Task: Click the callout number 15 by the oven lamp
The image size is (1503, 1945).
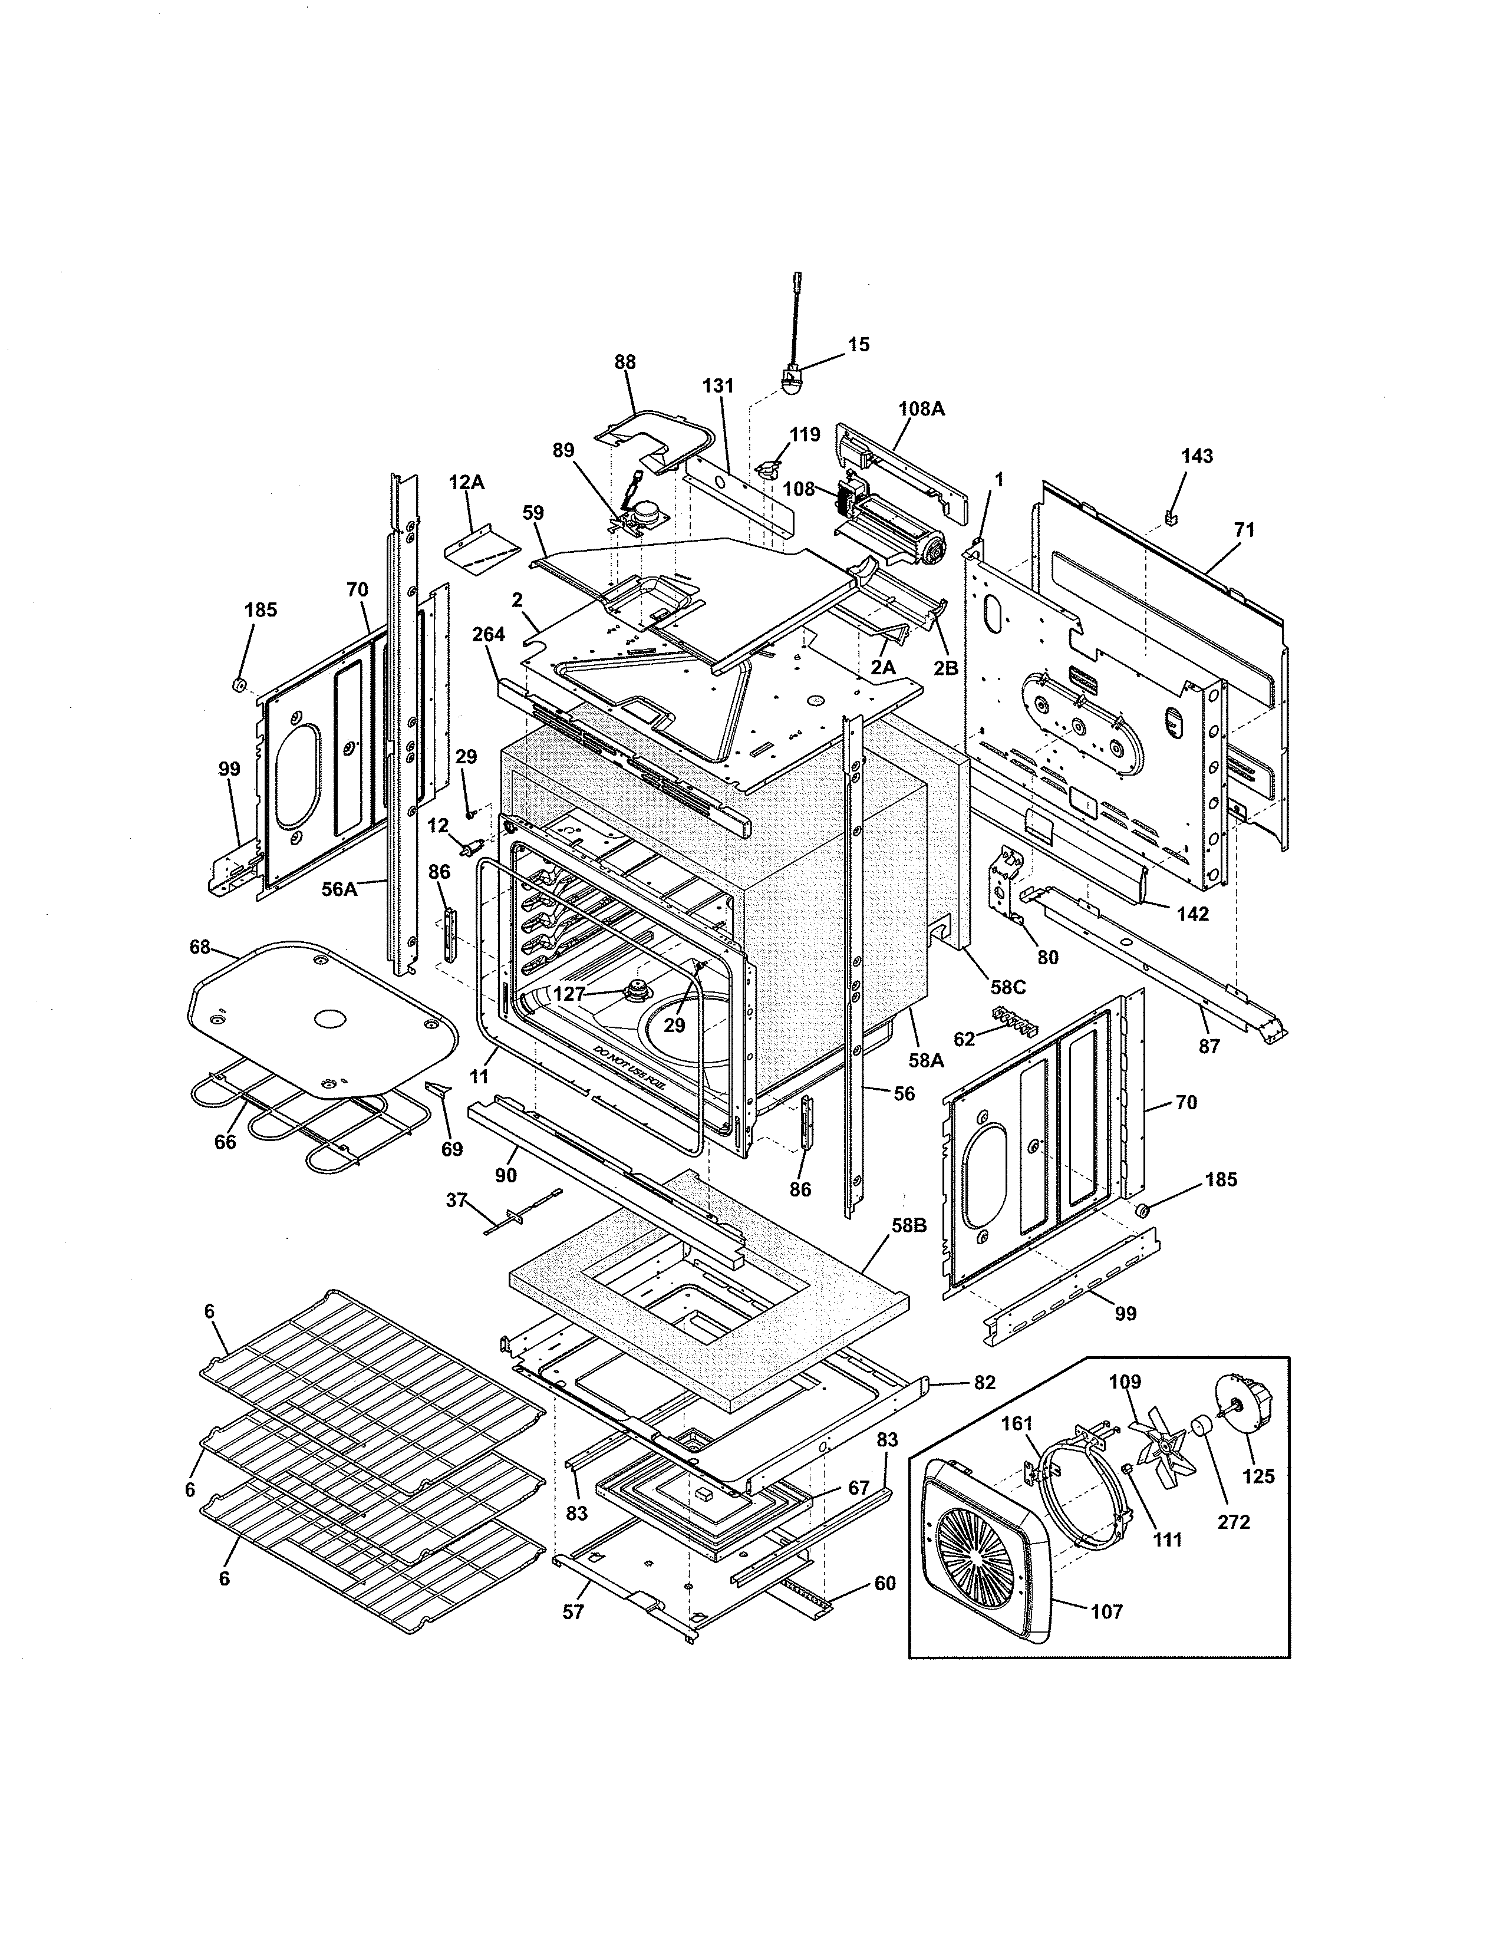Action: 858,345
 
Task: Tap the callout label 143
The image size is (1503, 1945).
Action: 1196,456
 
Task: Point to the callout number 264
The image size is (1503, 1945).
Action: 489,634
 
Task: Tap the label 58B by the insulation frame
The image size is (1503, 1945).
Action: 909,1225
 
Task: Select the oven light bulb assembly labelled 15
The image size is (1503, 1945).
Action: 789,381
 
